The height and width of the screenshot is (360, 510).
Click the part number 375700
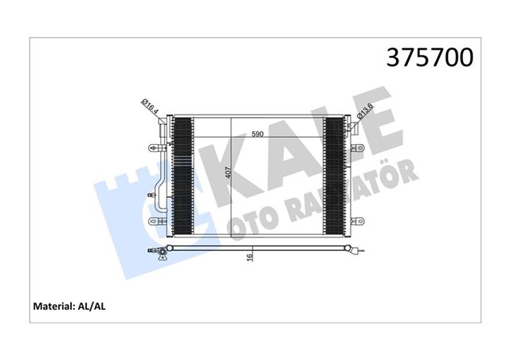coord(430,58)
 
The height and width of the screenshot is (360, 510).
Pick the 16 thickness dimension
coord(249,258)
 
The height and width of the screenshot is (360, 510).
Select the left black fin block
coord(182,176)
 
